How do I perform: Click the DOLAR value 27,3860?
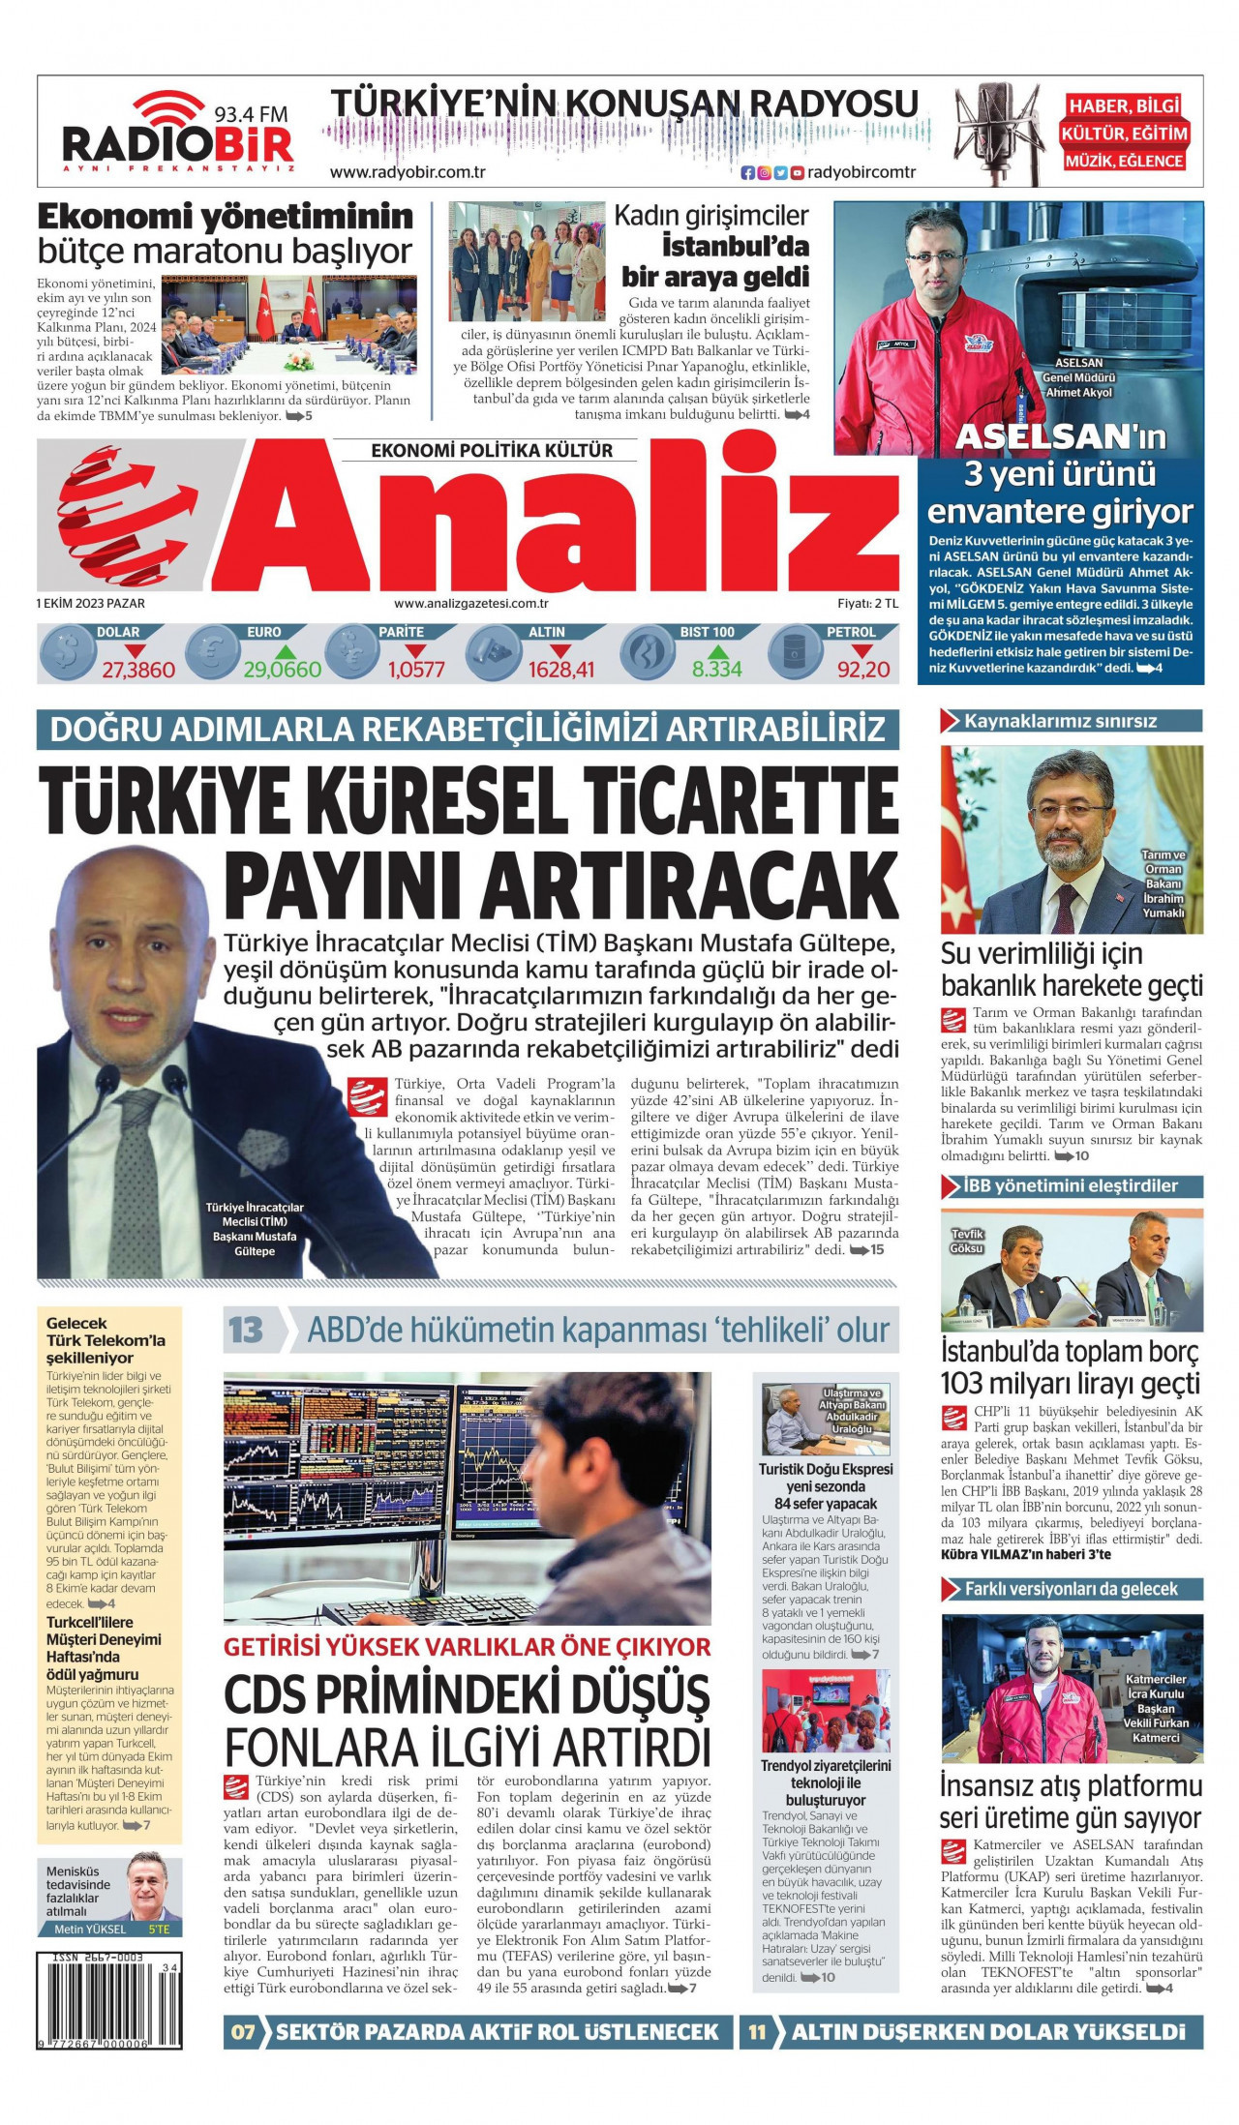138,670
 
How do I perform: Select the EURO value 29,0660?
282,670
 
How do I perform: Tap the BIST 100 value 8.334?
716,670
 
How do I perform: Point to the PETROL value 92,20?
862,670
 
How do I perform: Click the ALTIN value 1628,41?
561,670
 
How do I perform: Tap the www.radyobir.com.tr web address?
408,172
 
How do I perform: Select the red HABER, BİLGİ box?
1124,105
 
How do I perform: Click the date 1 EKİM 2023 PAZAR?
91,603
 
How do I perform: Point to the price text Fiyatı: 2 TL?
867,603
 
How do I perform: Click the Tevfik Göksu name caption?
967,1242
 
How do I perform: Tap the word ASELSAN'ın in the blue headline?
1060,437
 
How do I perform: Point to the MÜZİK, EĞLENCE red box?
1124,161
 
